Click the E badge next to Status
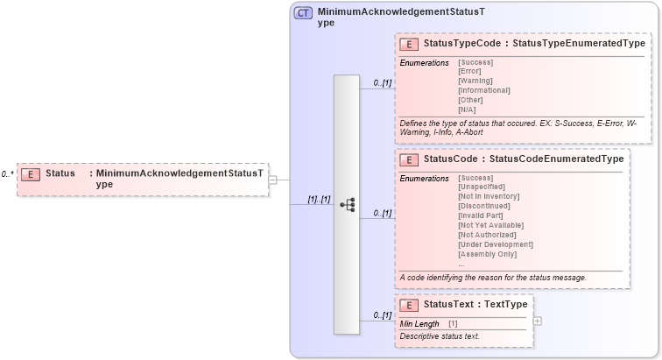pos(31,173)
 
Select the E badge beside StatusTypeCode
pos(408,43)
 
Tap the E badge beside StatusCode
pos(408,159)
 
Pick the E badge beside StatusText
pos(408,305)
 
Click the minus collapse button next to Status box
pos(272,180)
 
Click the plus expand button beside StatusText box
pos(537,321)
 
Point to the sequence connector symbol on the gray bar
pos(347,204)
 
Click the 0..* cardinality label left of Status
pos(7,174)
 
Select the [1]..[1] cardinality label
pos(318,200)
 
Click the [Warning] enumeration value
pos(475,81)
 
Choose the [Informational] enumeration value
pos(483,90)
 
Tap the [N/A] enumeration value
pos(468,109)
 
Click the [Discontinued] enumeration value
pos(483,206)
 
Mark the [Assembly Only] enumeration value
pos(488,254)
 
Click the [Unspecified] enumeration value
pos(482,187)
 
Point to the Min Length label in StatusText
pos(419,324)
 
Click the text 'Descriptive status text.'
pos(440,336)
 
